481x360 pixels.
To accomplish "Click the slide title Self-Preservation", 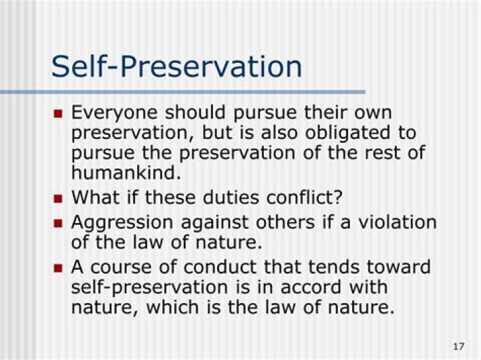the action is pyautogui.click(x=176, y=67).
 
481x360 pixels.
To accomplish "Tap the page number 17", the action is pyautogui.click(x=458, y=347).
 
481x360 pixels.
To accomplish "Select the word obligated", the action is pyautogui.click(x=347, y=133).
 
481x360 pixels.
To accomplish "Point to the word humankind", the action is pyautogui.click(x=126, y=172).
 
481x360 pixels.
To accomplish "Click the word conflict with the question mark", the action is pyautogui.click(x=305, y=197).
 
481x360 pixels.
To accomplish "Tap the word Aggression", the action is pyautogui.click(x=122, y=223).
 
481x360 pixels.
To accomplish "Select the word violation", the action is pyautogui.click(x=397, y=222).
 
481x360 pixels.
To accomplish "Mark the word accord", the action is pyautogui.click(x=311, y=287).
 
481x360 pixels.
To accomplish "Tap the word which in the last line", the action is pyautogui.click(x=172, y=307).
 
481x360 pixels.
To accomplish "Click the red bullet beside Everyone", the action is pyautogui.click(x=57, y=114).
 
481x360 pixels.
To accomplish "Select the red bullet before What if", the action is pyautogui.click(x=57, y=199).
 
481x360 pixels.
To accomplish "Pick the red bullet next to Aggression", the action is pyautogui.click(x=57, y=224).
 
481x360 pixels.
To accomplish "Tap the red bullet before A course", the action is pyautogui.click(x=57, y=268).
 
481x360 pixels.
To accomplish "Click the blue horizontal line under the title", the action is pyautogui.click(x=183, y=92).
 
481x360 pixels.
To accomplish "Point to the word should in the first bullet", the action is pyautogui.click(x=195, y=112).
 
